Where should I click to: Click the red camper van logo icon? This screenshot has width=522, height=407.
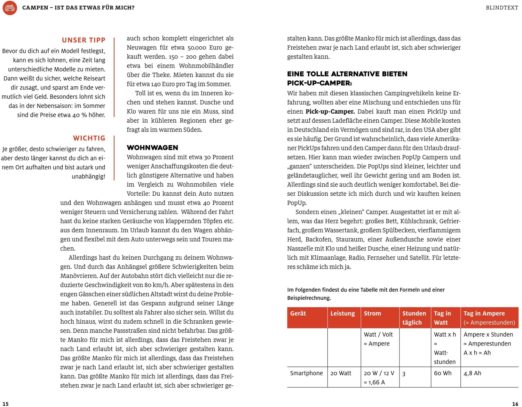tap(10, 8)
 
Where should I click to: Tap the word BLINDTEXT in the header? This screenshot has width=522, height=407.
tap(502, 8)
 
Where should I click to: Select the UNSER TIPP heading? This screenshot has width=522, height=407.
tap(84, 40)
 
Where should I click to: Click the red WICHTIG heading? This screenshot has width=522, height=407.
tap(89, 138)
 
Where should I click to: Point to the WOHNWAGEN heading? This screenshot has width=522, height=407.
tap(152, 148)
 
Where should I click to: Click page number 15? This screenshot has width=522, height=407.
tap(6, 404)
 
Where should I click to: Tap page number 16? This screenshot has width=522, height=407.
tap(515, 404)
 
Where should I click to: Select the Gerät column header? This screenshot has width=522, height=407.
tap(298, 314)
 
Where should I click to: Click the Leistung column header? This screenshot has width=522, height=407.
tap(342, 314)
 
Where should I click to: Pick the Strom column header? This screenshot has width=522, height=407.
tap(372, 314)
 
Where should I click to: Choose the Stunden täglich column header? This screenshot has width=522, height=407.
tap(414, 318)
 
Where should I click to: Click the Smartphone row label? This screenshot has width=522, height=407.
tap(306, 373)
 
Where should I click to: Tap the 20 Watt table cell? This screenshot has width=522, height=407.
tap(341, 373)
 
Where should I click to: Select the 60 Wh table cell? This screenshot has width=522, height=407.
tap(442, 373)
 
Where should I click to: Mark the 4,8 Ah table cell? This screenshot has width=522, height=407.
tap(472, 373)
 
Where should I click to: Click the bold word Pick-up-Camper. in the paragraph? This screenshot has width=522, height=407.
tap(330, 112)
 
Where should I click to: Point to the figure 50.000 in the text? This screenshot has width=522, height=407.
tap(197, 48)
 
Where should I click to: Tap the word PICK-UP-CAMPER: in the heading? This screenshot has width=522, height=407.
tap(319, 83)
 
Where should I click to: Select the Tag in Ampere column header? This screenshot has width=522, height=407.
tap(484, 314)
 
